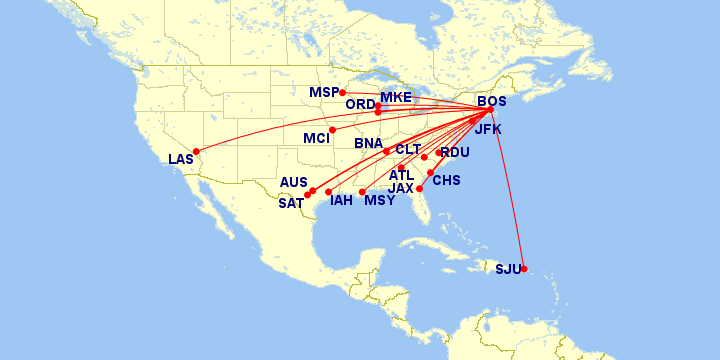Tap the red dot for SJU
tap(524, 268)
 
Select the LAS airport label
tap(181, 160)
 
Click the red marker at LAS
tap(196, 151)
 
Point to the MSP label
tap(324, 93)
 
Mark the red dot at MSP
tap(343, 93)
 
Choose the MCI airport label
tap(316, 138)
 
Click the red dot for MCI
tap(332, 130)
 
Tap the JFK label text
tap(489, 130)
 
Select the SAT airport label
tap(291, 203)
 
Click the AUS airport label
tap(294, 183)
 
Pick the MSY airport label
tap(379, 201)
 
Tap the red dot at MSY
tap(362, 191)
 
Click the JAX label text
tap(401, 188)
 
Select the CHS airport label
tap(446, 180)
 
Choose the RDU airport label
tap(455, 153)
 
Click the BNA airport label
tap(368, 144)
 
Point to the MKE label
tap(396, 97)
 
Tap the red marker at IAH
tap(328, 191)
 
